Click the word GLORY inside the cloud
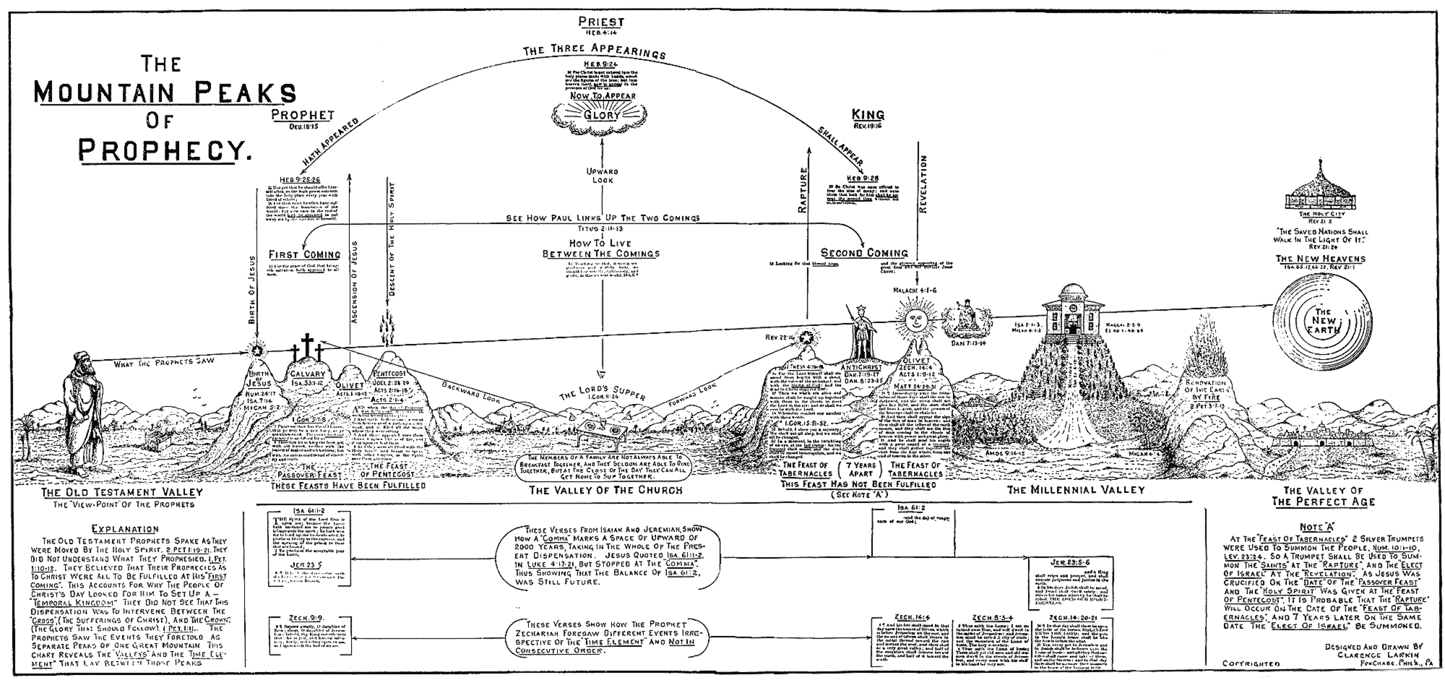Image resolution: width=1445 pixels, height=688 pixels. point(602,115)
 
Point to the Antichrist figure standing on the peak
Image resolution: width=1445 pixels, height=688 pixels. point(859,332)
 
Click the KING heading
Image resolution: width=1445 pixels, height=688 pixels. point(868,114)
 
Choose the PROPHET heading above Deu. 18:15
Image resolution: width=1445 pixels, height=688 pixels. point(302,115)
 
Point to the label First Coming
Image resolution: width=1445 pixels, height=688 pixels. point(304,254)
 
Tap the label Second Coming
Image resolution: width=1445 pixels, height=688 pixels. point(864,253)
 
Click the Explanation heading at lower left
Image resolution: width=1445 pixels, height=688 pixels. point(126,528)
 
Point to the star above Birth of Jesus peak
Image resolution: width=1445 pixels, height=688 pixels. point(256,351)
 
